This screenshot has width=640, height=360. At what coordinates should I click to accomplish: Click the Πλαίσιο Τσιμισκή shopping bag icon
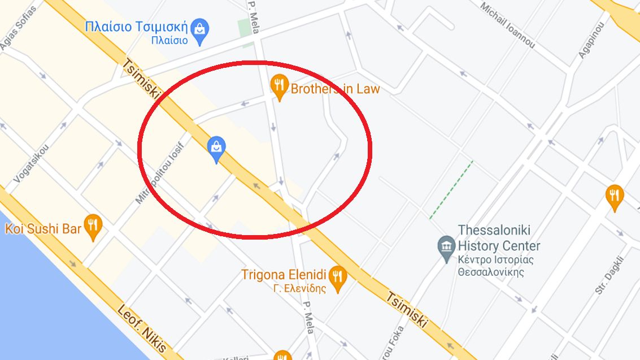199,31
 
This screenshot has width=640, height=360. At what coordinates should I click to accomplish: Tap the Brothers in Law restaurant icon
278,86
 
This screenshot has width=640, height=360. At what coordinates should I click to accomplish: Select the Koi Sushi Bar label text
43,229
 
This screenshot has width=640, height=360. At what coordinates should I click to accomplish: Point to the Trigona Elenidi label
284,275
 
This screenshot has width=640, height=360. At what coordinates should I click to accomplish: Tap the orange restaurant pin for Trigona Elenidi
338,276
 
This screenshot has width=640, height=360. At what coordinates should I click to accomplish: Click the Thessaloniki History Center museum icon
446,246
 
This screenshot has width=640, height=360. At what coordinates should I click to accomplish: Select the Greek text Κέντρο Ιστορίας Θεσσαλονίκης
489,266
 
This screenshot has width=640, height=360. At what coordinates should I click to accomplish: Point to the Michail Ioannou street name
507,24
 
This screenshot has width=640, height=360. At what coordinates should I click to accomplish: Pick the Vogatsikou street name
32,162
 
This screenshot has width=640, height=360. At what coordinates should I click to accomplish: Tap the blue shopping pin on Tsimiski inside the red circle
216,148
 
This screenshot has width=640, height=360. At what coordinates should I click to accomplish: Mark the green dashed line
451,189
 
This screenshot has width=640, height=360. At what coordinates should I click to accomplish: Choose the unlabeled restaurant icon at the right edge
614,196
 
